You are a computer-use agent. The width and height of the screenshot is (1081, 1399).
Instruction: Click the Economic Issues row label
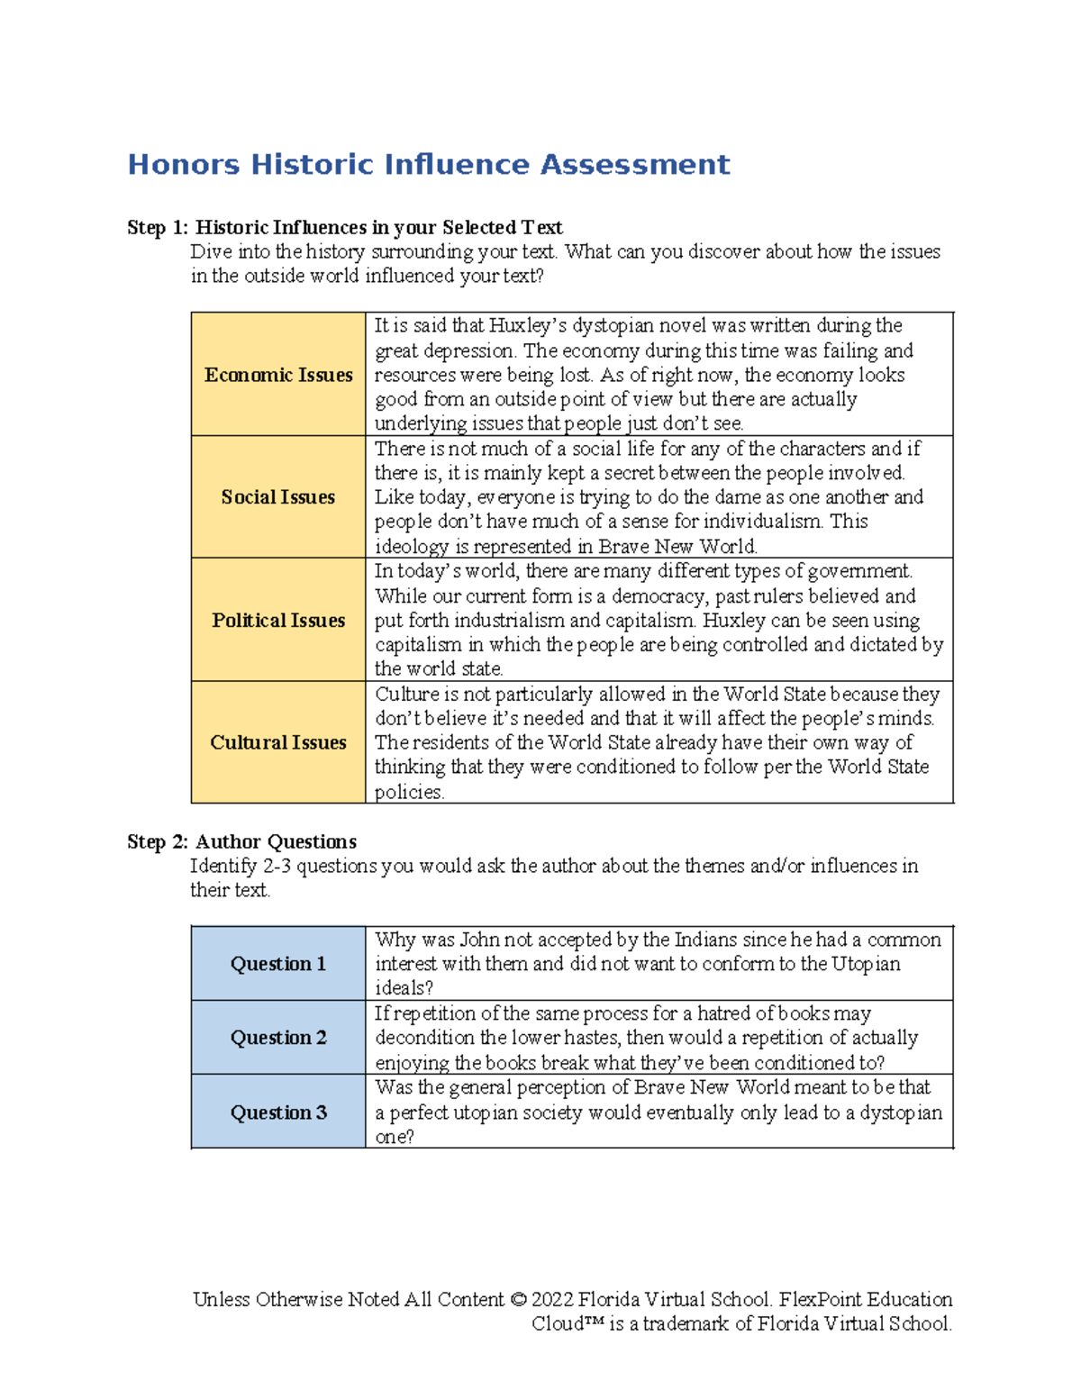pos(278,375)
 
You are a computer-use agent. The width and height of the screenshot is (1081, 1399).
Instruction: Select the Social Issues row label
pos(278,497)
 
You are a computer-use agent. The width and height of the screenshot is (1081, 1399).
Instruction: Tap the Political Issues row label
pos(278,621)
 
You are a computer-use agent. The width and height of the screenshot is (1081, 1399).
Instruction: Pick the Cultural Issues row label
pos(278,743)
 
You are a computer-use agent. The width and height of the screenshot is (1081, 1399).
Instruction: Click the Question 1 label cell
pos(278,964)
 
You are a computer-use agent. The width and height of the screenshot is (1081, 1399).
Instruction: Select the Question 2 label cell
pos(278,1038)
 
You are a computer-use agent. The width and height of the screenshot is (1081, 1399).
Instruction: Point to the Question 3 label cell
pos(278,1113)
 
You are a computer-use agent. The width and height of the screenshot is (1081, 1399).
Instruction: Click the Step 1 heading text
pos(344,228)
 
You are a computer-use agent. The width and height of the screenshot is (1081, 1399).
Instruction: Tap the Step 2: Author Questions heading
pos(241,842)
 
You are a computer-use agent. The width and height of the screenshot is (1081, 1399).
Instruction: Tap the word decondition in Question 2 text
pos(424,1038)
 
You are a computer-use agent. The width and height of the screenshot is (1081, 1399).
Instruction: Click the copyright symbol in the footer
pos(517,1300)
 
